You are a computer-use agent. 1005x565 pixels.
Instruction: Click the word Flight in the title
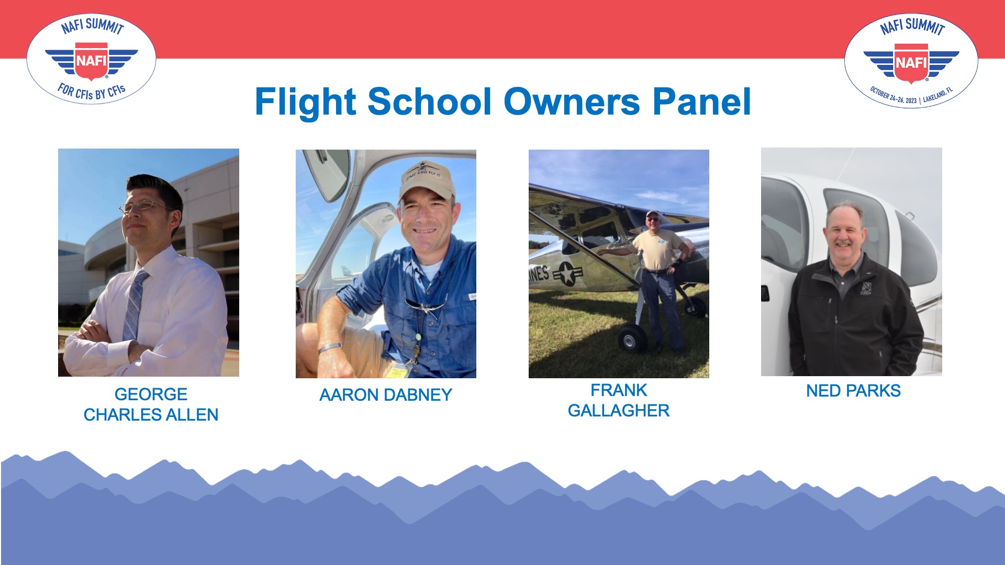(x=305, y=103)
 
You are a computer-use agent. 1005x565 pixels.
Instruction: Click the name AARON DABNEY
(x=386, y=395)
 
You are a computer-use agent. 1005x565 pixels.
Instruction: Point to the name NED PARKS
(x=853, y=391)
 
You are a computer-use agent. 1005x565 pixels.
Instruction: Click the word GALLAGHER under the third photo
(x=619, y=411)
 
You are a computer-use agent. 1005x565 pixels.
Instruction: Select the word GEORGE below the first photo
(x=151, y=394)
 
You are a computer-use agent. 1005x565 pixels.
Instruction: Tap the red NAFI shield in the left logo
(x=92, y=62)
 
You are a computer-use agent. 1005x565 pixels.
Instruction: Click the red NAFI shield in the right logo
(x=911, y=63)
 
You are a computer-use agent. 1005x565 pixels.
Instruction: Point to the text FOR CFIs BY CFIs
(x=92, y=92)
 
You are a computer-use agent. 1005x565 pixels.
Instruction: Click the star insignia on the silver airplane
(x=566, y=274)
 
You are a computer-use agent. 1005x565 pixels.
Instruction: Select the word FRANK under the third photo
(x=619, y=390)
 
